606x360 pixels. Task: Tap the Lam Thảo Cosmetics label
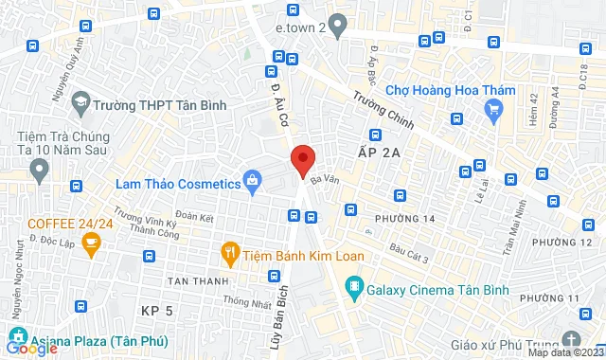tap(177, 183)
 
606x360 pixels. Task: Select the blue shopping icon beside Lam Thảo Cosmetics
tap(252, 179)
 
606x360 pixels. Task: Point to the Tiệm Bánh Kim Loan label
tap(293, 252)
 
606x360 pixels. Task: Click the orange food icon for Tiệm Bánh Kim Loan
tap(229, 252)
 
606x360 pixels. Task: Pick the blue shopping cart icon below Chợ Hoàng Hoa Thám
tap(491, 111)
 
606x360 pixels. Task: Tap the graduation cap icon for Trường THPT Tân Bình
tap(81, 102)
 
